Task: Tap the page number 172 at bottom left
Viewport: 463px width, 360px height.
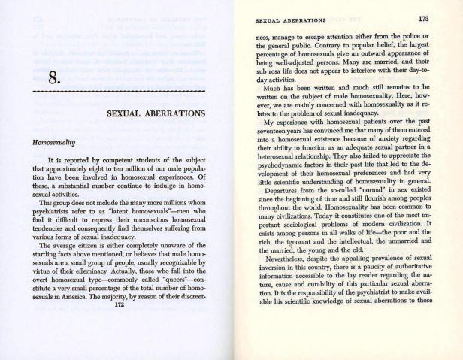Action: click(118, 348)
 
